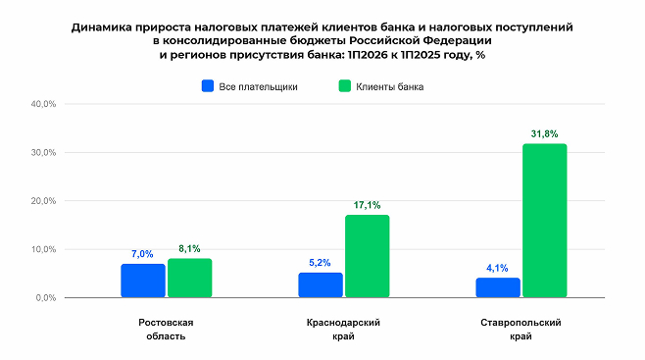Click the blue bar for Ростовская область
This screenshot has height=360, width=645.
pos(143,281)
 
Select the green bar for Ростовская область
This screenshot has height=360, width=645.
pos(189,278)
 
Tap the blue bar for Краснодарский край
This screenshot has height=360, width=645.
pos(321,284)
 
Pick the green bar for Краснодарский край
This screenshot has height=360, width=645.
pos(368,256)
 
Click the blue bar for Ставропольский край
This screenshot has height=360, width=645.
pos(498,287)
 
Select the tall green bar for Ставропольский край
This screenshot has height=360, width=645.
pos(545,221)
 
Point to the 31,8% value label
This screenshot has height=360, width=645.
pos(545,133)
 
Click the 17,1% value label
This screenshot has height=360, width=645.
pos(367,205)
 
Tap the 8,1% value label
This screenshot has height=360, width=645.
pos(189,248)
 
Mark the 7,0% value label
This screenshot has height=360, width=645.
pos(142,254)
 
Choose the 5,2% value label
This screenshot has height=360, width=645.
pos(320,263)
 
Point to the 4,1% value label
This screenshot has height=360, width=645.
pos(497,268)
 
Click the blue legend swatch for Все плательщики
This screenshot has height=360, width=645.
pos(208,86)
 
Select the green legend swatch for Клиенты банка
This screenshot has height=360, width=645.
pos(345,86)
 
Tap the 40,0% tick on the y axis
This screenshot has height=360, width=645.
pos(43,104)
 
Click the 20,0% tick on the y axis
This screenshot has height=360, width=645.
pos(43,201)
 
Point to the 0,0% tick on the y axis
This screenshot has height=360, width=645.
pos(46,297)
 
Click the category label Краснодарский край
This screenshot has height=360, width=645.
pos(343,330)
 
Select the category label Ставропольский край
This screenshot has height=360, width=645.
pos(521,330)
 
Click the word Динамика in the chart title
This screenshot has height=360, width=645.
pos(101,27)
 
